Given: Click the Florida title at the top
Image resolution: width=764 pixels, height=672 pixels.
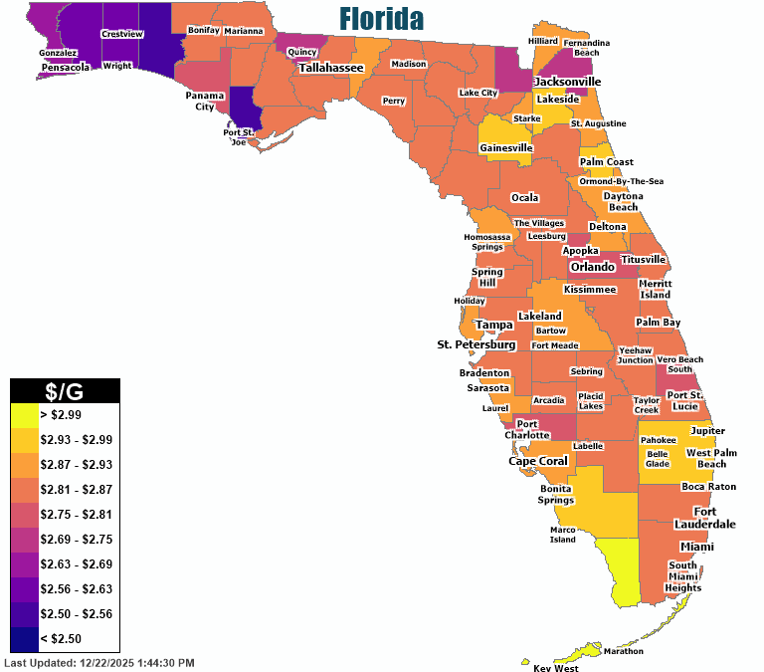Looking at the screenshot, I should [381, 19].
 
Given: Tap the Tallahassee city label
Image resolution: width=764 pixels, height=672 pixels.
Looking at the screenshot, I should [331, 68].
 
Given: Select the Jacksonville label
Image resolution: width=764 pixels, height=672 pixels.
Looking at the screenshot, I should [567, 81].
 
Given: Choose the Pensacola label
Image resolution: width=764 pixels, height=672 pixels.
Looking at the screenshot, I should [65, 68].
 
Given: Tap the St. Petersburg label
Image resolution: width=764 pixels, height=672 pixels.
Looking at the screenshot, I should [477, 344].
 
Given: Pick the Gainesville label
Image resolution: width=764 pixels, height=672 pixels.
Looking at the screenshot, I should [506, 147].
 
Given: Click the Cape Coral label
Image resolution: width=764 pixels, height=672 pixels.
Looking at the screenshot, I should [538, 461].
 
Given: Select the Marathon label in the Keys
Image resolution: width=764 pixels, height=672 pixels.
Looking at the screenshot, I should [623, 651].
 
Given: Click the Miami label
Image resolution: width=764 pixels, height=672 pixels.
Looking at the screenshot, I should [696, 547].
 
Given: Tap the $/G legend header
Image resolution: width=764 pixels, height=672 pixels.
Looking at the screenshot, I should [65, 390].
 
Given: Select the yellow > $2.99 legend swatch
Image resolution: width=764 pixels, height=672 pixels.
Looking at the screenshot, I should [24, 413].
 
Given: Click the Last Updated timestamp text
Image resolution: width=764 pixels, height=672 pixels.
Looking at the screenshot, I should [99, 662].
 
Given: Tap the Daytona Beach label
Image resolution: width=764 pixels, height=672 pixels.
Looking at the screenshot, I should [623, 201].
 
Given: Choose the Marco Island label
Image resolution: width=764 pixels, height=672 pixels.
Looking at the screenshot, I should [562, 535].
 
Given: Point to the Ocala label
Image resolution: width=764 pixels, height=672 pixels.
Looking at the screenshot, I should [524, 197].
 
